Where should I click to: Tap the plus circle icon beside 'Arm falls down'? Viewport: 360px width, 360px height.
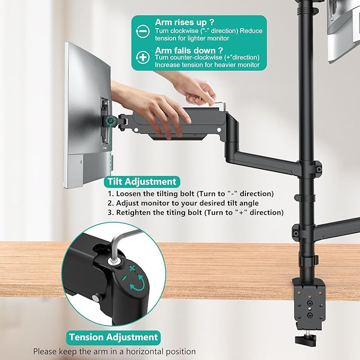(142, 57)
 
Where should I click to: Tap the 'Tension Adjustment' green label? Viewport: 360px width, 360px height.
(113, 337)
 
